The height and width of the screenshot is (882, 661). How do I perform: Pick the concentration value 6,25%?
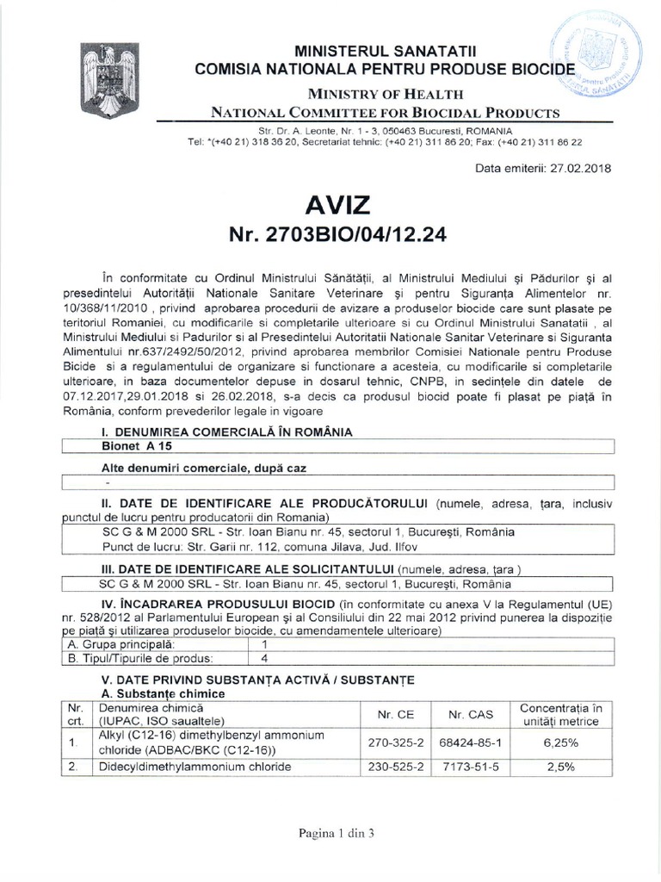[x=560, y=742]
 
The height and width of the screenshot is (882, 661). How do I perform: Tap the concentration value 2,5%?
[x=560, y=767]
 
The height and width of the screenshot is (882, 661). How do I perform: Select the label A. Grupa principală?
[x=121, y=644]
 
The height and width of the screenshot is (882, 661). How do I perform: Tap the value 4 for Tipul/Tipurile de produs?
[x=265, y=659]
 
